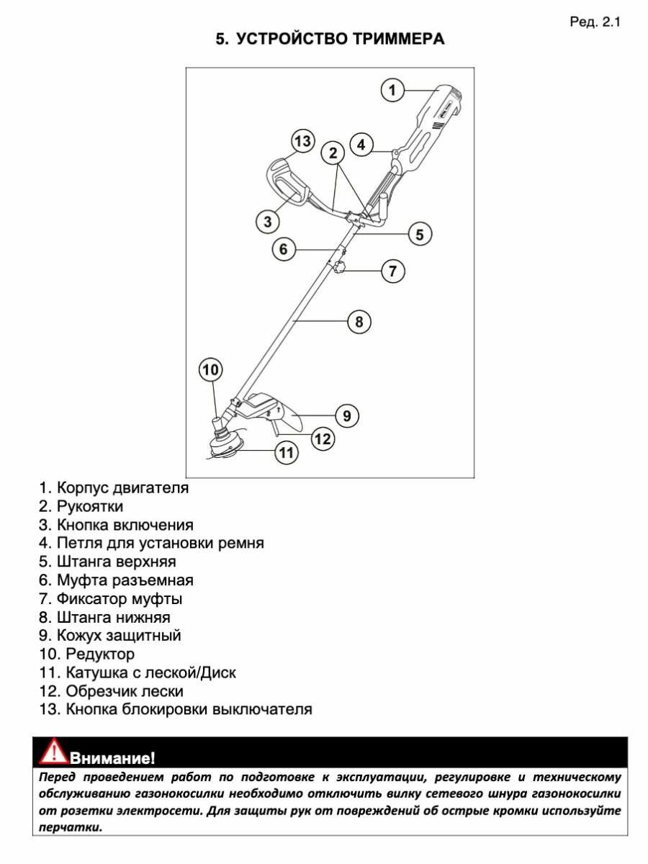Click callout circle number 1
[x=392, y=90]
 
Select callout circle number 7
[x=392, y=271]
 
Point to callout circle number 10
[x=210, y=370]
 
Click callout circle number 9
[x=346, y=415]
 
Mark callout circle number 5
[x=420, y=233]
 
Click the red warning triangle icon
[x=53, y=752]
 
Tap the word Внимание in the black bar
[x=112, y=757]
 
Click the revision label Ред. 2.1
[x=594, y=22]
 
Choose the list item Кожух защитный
[x=119, y=636]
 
